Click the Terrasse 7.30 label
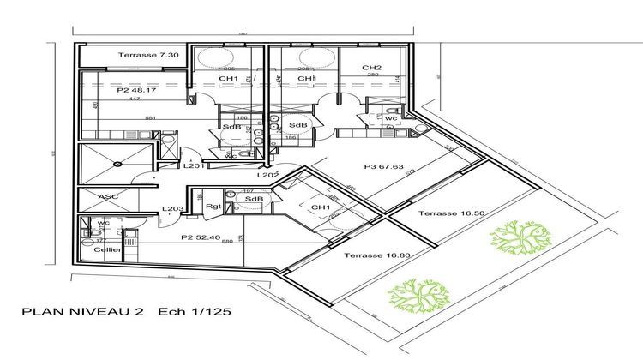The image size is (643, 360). point(149,55)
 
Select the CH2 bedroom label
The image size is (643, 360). point(371,67)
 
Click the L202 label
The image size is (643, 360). point(267,175)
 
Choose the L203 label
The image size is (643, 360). point(174,209)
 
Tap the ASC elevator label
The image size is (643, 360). point(108,196)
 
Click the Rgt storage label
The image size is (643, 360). point(214,207)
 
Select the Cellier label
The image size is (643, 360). point(109,250)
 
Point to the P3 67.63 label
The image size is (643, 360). point(382,168)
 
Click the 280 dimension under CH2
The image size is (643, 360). point(372,75)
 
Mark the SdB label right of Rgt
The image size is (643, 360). point(253,200)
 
